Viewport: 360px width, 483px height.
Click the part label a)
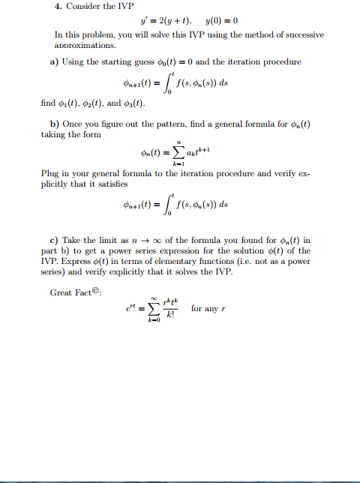pos(55,61)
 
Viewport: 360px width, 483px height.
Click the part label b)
pos(55,123)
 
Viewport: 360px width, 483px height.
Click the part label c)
pos(55,239)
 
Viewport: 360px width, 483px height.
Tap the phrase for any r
pos(212,308)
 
